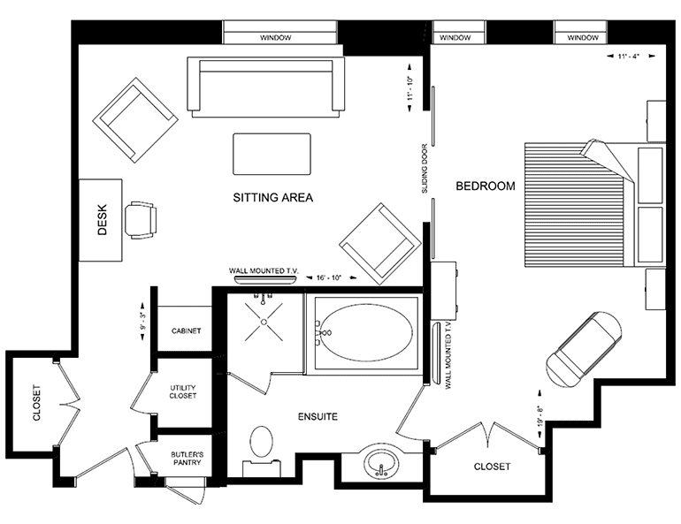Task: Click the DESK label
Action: [102, 220]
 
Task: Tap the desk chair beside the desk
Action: [141, 220]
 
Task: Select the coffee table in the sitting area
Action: [272, 154]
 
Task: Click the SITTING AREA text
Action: [272, 198]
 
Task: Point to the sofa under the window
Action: [266, 87]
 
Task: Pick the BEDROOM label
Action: [486, 186]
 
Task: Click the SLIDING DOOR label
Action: [425, 168]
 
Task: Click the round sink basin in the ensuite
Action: [381, 463]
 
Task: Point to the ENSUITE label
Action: [318, 417]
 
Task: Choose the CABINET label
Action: [187, 331]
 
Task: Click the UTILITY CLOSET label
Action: [183, 391]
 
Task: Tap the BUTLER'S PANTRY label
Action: [187, 459]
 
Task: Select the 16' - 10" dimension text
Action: [329, 277]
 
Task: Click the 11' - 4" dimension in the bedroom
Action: [629, 56]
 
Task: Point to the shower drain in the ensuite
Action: [264, 322]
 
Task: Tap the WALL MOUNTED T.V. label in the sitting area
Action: [264, 270]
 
